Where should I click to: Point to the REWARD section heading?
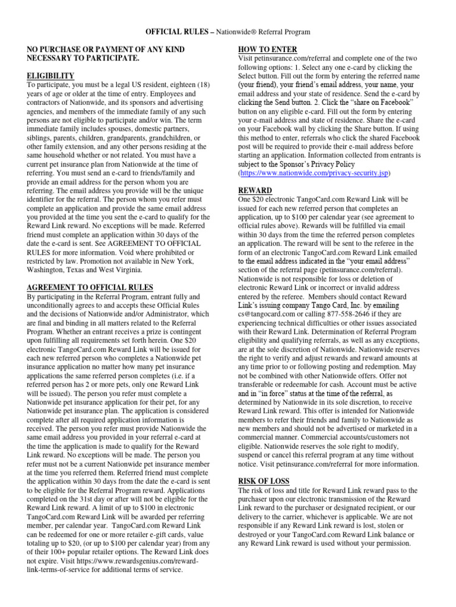coord(255,190)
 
